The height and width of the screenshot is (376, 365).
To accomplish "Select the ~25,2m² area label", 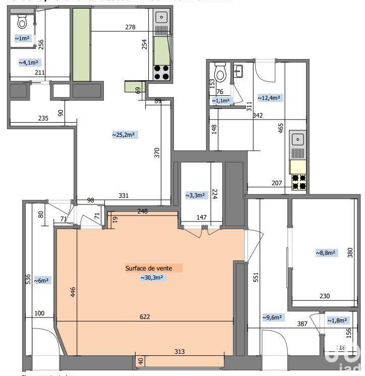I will coord(125,135).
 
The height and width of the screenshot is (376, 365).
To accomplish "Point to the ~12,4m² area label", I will coord(269,98).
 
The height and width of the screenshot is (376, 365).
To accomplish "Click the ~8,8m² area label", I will coord(326,252).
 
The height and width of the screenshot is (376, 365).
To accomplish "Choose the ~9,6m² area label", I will coord(272,317).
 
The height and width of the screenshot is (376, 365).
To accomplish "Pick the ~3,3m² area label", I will coord(195,195).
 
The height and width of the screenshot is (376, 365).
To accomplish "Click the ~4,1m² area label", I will coord(29,63).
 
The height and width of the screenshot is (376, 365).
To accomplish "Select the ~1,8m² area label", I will coord(337,320).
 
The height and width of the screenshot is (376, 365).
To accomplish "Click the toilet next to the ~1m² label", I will coord(22,22).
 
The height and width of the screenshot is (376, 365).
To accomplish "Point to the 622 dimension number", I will coord(145,317).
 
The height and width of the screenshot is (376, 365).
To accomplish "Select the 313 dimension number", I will coord(179,352).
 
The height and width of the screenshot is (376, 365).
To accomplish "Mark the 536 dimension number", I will coord(29,280).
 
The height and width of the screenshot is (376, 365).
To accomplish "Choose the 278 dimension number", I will coord(130,27).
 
